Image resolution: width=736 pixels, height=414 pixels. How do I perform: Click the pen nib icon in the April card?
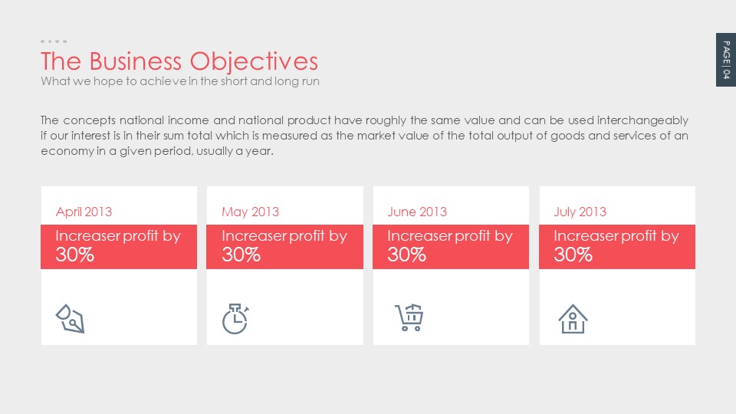(71, 319)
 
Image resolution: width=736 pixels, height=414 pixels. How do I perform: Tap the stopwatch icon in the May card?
(235, 319)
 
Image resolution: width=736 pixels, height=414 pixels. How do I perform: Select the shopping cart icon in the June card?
(409, 317)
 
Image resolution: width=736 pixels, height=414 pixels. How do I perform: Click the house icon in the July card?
(573, 319)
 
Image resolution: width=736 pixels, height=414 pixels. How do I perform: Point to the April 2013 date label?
(84, 212)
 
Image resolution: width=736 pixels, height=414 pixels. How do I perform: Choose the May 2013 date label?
(250, 212)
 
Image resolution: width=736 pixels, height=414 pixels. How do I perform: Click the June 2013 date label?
(417, 212)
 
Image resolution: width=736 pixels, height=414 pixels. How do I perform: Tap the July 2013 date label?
(580, 212)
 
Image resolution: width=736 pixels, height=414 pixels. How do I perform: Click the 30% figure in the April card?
(74, 255)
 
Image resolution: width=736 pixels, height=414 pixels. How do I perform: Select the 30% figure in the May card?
(241, 255)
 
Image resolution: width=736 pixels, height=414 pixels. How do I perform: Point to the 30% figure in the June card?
(406, 255)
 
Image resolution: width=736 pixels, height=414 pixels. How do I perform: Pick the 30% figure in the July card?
(573, 255)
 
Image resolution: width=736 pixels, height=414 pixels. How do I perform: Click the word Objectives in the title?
(254, 62)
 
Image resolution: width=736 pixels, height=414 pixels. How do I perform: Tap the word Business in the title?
(135, 61)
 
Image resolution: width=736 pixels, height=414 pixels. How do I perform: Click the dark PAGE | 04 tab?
(726, 60)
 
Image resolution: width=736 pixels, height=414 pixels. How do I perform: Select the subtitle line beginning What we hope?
(180, 81)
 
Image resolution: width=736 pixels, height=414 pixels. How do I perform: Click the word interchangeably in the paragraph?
(642, 120)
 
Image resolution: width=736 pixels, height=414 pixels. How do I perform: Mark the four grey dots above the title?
(54, 41)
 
